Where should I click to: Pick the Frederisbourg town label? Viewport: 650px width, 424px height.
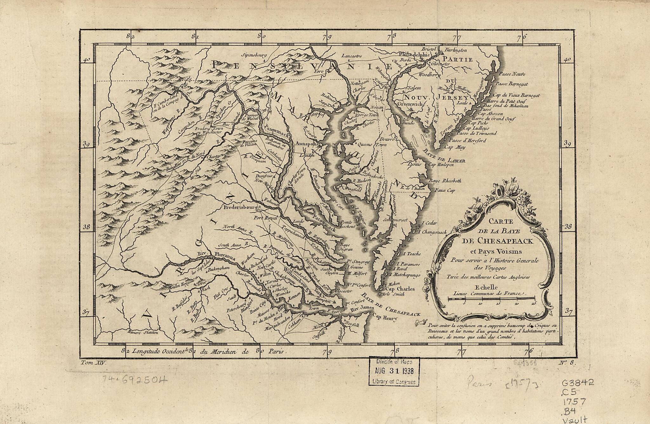pos(240,208)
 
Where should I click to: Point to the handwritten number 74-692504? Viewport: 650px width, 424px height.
pos(135,379)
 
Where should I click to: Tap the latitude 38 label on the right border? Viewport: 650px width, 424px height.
pos(568,227)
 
